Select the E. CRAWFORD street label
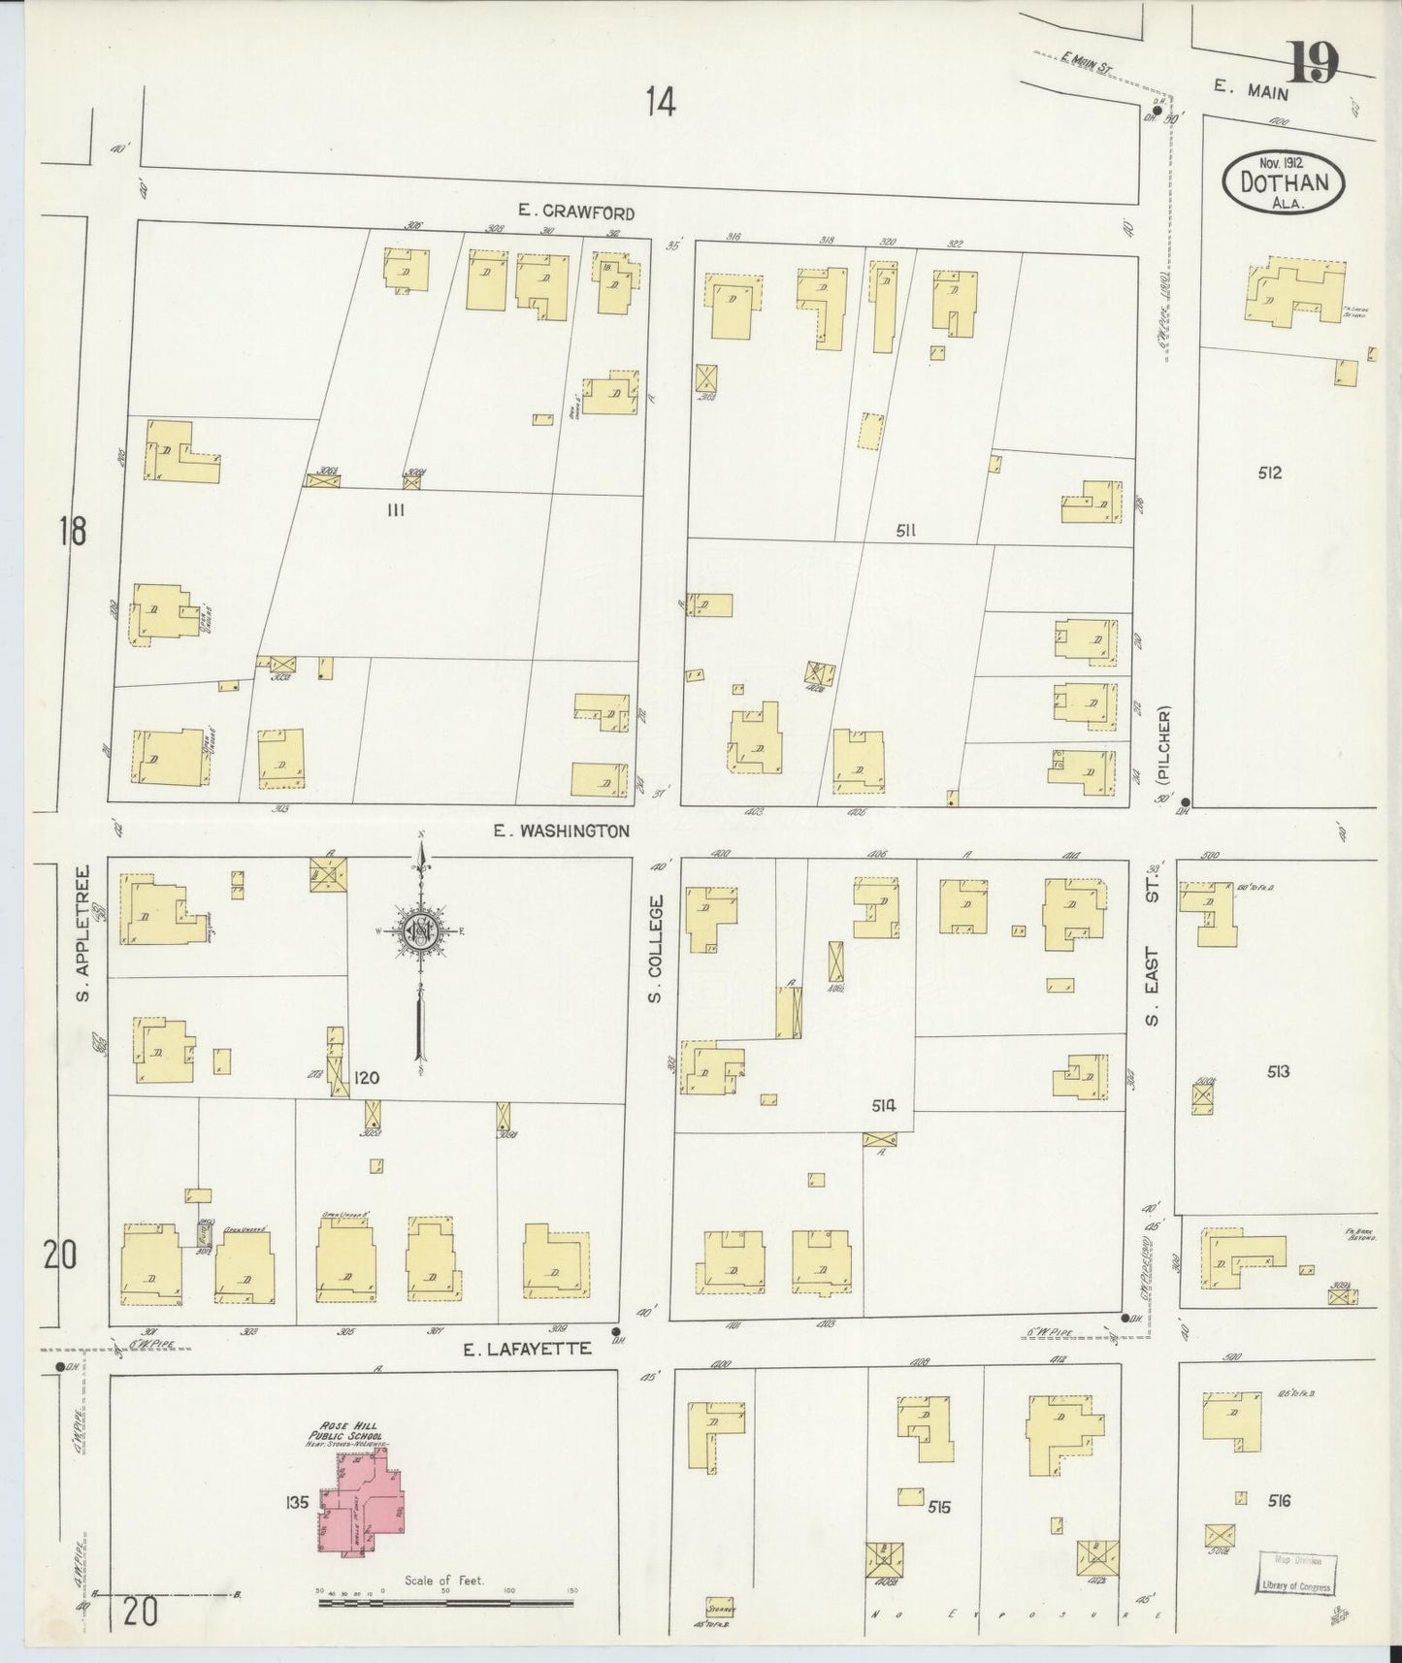pyautogui.click(x=576, y=212)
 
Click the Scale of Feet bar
pyautogui.click(x=448, y=1603)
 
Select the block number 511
pyautogui.click(x=907, y=530)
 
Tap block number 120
pyautogui.click(x=366, y=1078)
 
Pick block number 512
pyautogui.click(x=1269, y=473)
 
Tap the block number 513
pyautogui.click(x=1277, y=1071)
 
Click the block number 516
pyautogui.click(x=1279, y=1501)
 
